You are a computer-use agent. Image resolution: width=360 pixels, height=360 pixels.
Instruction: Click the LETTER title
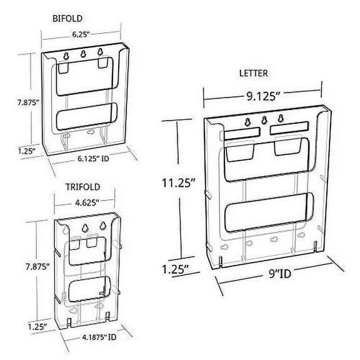(254, 73)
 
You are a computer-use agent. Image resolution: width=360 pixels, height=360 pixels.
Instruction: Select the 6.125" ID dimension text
(94, 159)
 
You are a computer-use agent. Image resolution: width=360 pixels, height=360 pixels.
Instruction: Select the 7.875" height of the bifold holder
(17, 99)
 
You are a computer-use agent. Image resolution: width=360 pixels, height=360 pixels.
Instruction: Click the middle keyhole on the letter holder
(264, 121)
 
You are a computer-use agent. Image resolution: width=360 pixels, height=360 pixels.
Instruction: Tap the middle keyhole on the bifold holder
(82, 53)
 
